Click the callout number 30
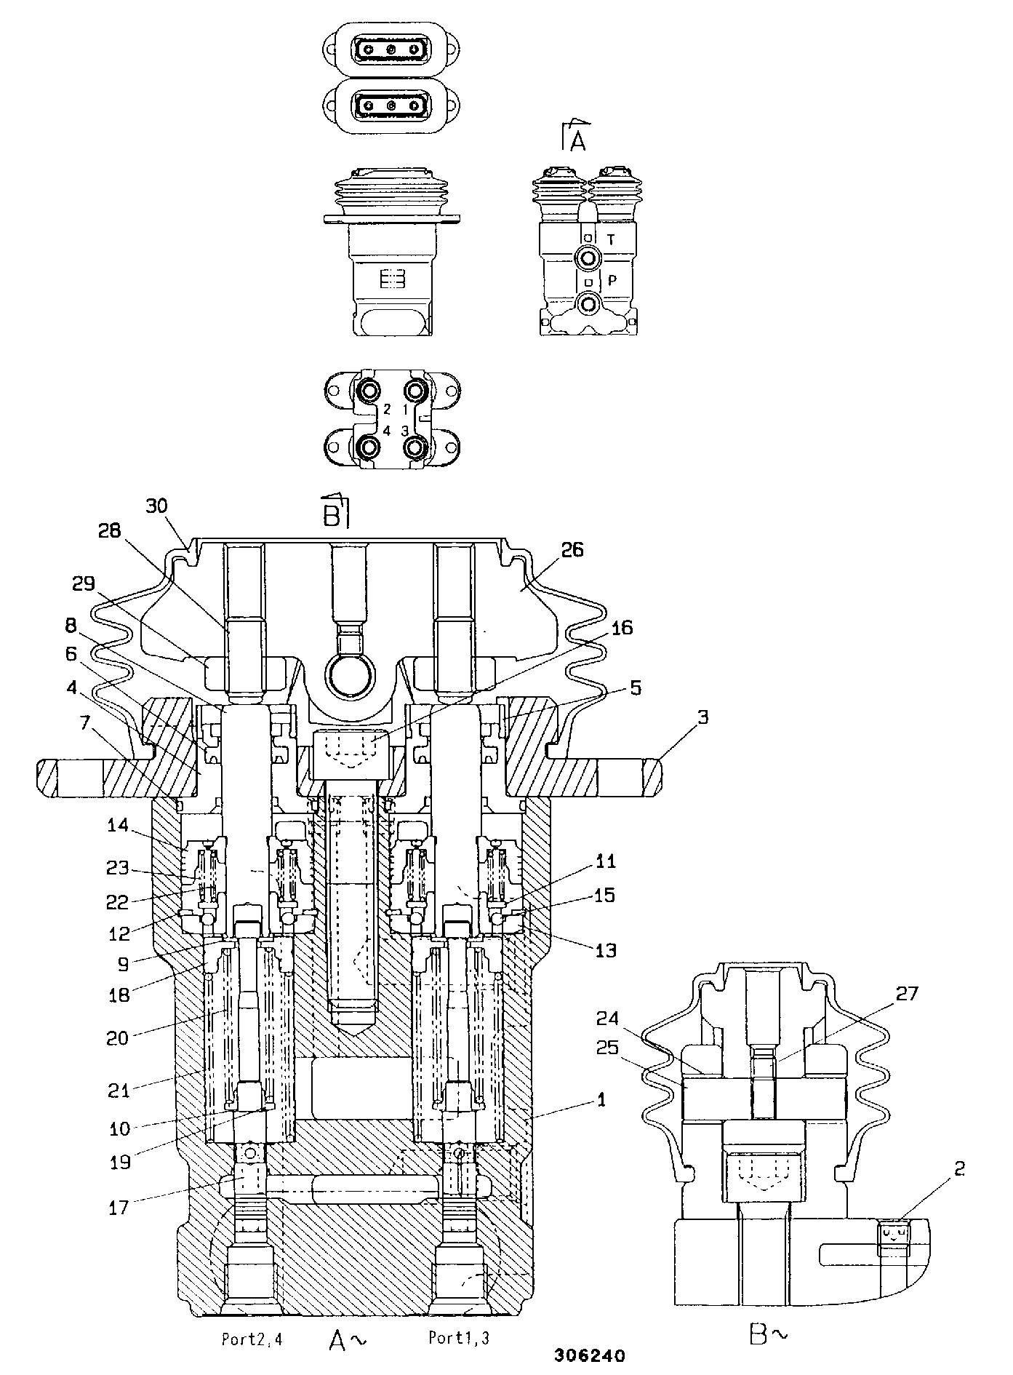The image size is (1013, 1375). point(156,506)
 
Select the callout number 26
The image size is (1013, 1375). point(572,549)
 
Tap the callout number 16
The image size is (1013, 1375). point(621,627)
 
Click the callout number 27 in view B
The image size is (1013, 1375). point(907,993)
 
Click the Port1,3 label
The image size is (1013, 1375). point(458,1337)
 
